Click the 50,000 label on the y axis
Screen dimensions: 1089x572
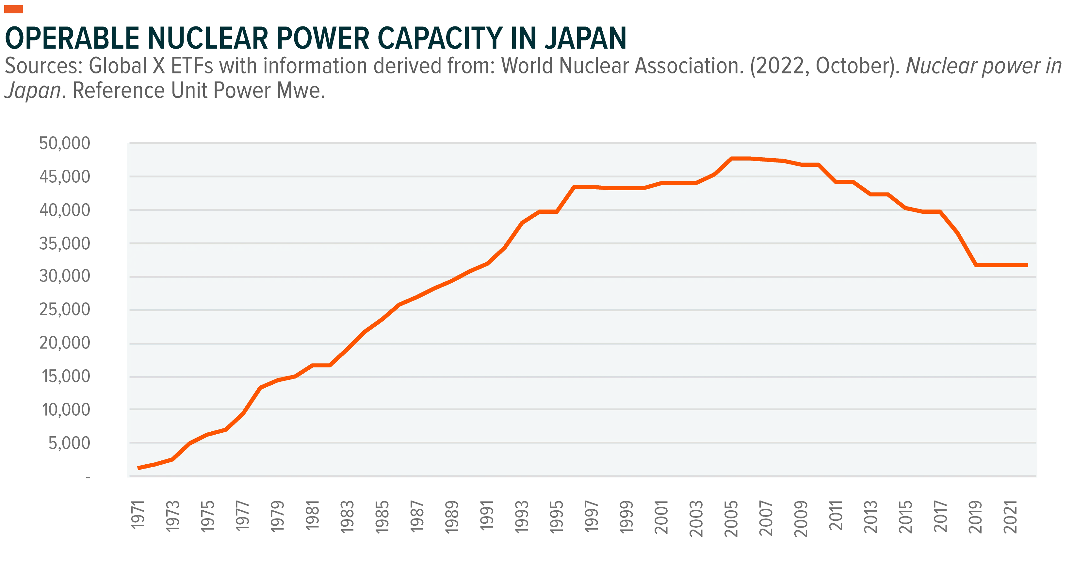[65, 143]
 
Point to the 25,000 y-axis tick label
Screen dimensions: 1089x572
[65, 310]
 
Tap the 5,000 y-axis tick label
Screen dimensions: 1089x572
[69, 443]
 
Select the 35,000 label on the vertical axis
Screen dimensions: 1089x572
[65, 243]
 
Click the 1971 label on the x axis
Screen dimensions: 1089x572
[138, 515]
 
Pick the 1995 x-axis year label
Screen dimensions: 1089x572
[556, 517]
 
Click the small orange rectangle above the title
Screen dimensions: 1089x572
[13, 9]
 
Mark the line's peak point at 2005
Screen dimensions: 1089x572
[731, 159]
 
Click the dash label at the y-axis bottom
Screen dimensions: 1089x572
[88, 477]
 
